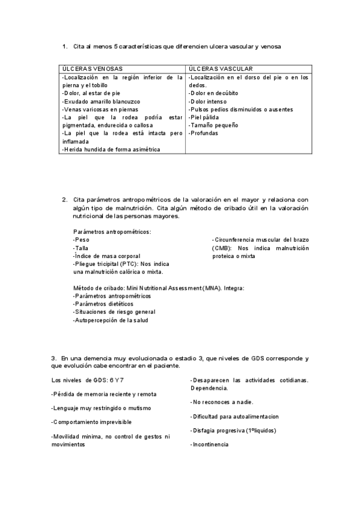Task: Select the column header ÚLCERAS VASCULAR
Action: (220, 69)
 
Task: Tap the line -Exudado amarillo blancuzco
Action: (100, 102)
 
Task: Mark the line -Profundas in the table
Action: (203, 133)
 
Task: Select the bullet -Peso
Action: (81, 239)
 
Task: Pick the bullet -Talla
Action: (81, 248)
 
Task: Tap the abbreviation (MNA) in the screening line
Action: (210, 288)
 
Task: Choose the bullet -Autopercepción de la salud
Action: (110, 320)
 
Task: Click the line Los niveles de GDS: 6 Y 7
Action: (88, 380)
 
